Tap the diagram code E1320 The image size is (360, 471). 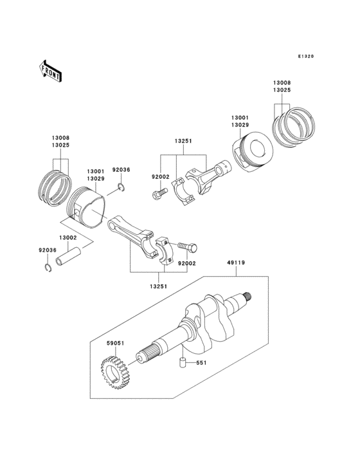coord(305,57)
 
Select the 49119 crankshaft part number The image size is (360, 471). coord(235,263)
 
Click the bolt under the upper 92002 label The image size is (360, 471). coord(159,192)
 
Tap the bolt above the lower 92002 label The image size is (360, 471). coord(186,246)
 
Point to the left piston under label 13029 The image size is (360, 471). coord(87,206)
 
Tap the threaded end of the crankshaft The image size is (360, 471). coord(244,297)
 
